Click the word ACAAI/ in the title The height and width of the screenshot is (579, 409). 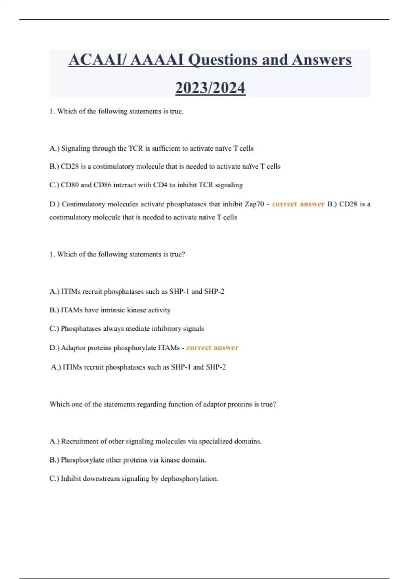click(97, 60)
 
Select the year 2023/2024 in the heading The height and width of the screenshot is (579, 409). click(210, 88)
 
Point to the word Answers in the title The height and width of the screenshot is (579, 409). click(321, 60)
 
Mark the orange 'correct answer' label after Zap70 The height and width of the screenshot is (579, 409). click(298, 204)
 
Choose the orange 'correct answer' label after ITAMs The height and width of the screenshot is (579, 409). click(212, 348)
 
